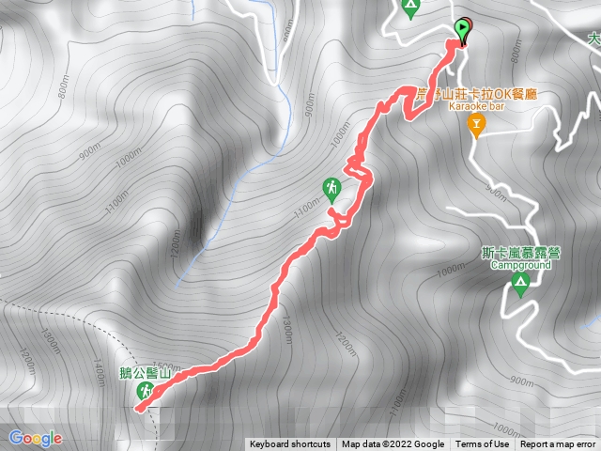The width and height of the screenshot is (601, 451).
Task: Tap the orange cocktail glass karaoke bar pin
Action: coord(477,125)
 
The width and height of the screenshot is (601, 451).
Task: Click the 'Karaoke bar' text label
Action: coord(477,108)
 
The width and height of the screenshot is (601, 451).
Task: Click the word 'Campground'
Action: coord(520,265)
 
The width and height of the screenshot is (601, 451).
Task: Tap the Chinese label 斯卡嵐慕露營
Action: coord(515,253)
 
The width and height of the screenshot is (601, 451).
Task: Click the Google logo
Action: coord(35,438)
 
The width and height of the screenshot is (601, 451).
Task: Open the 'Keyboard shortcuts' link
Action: coord(289,444)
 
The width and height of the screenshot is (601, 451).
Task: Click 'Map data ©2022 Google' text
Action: coord(393,444)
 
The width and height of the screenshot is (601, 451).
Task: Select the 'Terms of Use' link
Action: coord(482,444)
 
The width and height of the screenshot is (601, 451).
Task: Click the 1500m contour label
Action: coord(165,365)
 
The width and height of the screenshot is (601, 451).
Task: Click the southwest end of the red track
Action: coord(139,408)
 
